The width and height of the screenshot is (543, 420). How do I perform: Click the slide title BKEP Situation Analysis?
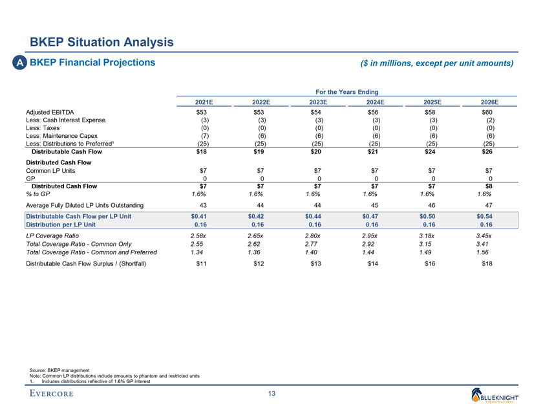coord(101,43)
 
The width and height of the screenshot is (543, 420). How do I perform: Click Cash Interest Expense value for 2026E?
coord(490,120)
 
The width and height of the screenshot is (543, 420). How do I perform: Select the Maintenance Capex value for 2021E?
coord(204,136)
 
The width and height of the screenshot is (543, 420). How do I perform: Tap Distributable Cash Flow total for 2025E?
coord(432,152)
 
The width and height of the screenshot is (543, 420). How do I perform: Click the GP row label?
coord(30,178)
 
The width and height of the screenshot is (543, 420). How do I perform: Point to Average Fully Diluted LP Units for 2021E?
coord(204,205)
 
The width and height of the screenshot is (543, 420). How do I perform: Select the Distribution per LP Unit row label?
coord(61,224)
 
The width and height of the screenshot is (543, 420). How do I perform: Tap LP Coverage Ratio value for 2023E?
coord(314,236)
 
